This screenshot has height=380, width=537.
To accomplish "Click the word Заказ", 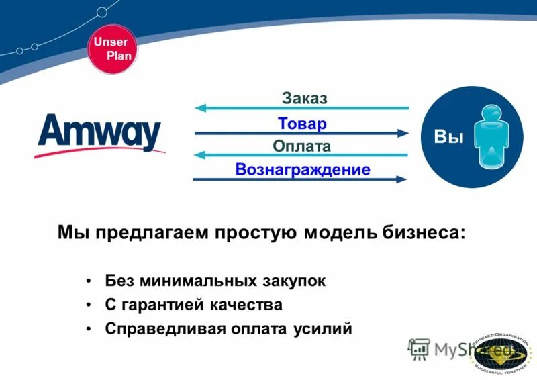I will coord(304,99).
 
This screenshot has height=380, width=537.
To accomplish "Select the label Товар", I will coord(302,124).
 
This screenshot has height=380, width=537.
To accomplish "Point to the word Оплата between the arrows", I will coord(302,146).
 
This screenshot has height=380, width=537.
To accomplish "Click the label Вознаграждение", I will coord(303,169).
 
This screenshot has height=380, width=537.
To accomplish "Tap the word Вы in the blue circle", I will coord(449,137).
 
